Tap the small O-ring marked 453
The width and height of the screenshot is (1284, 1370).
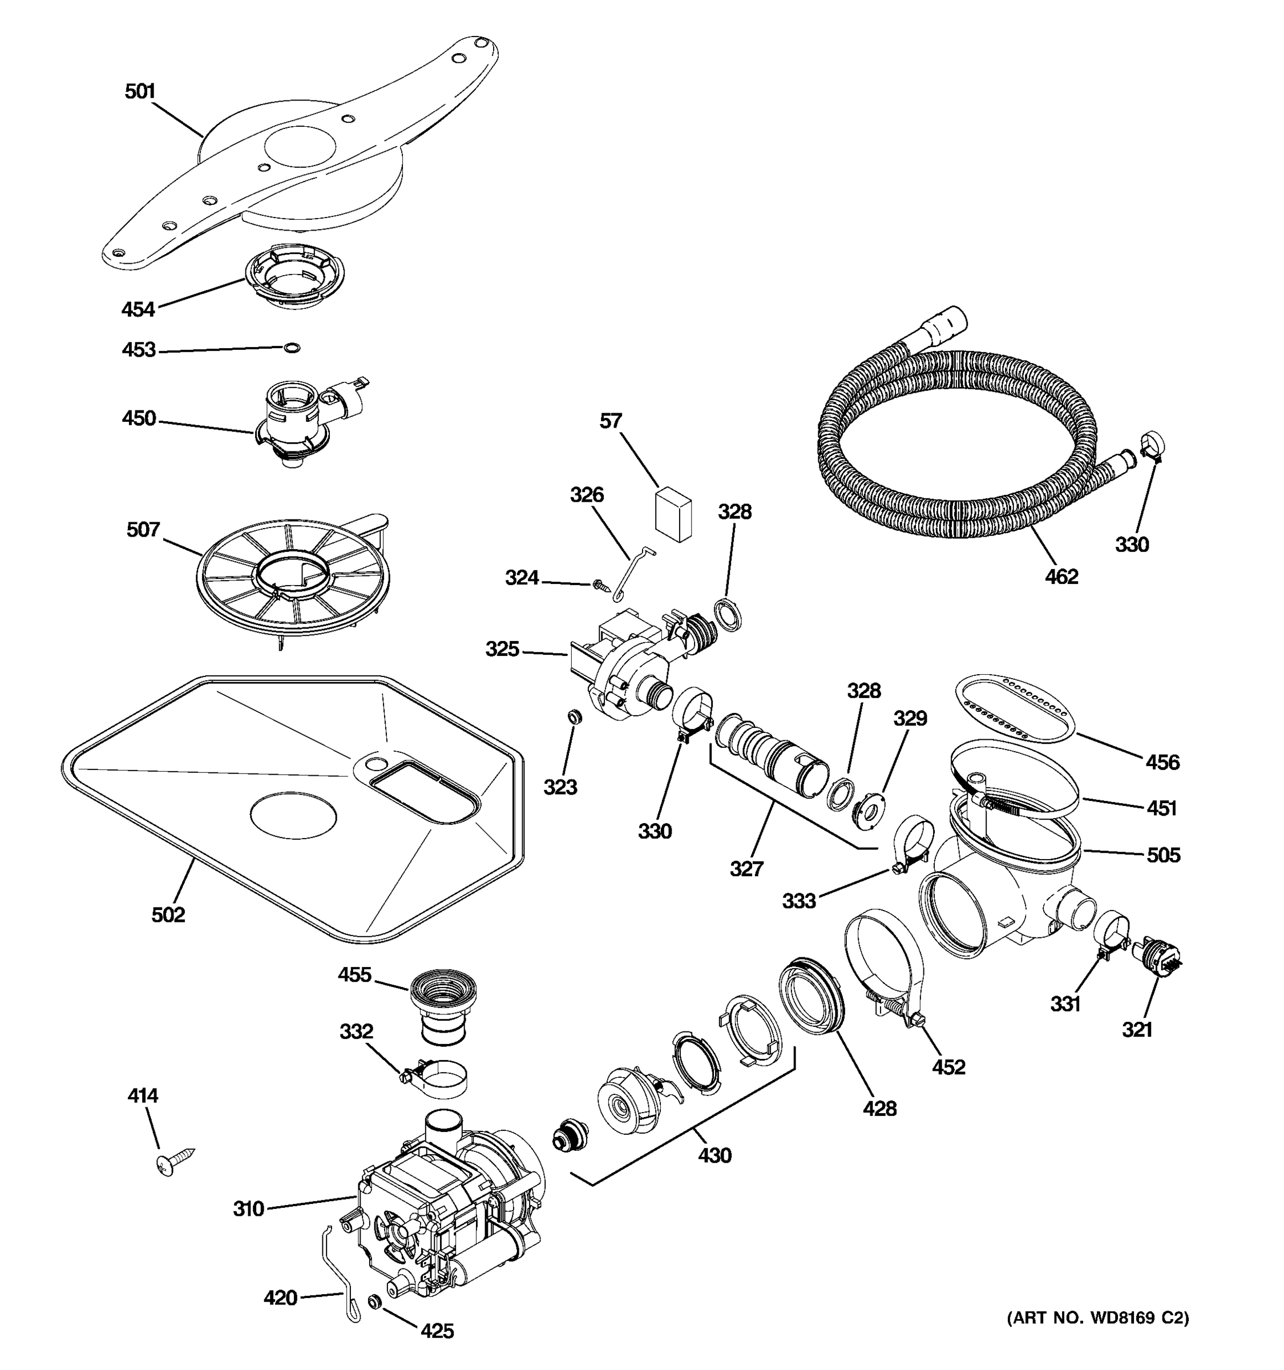coord(292,348)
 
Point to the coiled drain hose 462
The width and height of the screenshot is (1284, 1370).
coord(958,441)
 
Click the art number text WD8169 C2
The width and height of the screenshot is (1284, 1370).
coord(1098,1317)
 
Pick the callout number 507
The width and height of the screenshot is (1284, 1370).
coord(143,530)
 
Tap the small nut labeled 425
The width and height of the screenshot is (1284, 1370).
coord(375,1301)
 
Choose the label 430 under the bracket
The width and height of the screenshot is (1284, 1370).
coord(714,1155)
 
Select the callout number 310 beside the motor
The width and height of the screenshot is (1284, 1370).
coord(249,1209)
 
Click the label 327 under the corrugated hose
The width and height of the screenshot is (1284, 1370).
coord(746,868)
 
